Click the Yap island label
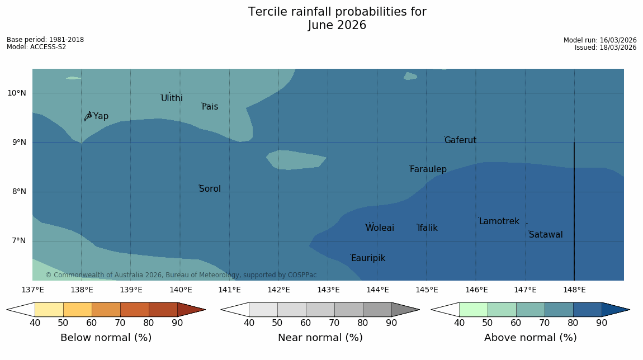pos(101,116)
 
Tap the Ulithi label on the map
pos(172,98)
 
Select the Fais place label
pos(210,107)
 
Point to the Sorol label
pos(210,188)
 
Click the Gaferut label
pos(461,140)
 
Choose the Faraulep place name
pos(428,169)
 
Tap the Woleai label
pos(380,228)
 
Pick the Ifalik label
pos(428,228)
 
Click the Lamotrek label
pos(499,221)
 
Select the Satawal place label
pos(546,235)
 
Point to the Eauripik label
pos(368,258)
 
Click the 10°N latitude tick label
pos(17,93)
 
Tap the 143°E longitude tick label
pos(328,290)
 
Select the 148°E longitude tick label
pos(575,290)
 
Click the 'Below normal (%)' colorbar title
pos(106,338)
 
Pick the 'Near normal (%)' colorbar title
pos(320,338)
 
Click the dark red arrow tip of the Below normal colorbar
pos(205,310)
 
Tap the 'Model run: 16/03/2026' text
pos(600,40)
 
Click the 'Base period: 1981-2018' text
pos(45,40)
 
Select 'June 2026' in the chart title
pos(337,25)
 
